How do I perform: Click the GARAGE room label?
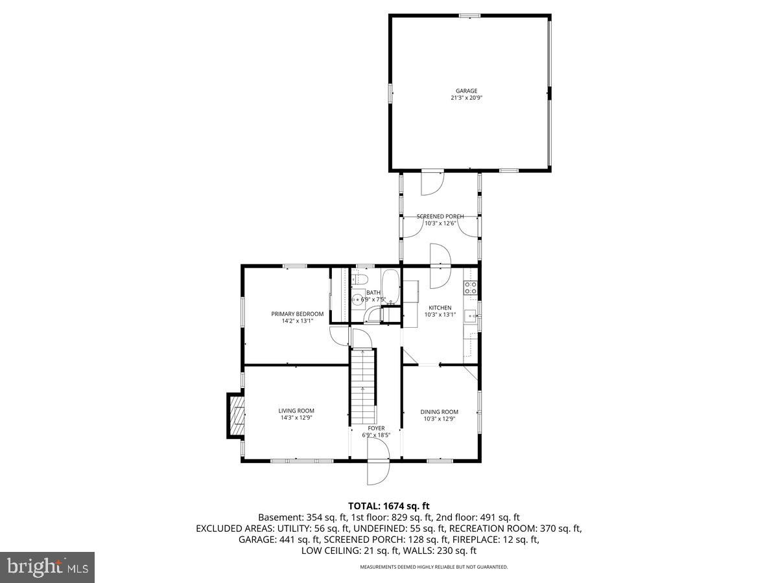point(466,91)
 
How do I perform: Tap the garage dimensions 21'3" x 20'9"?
point(466,98)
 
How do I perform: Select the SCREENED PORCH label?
point(440,216)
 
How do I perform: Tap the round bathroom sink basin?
point(357,300)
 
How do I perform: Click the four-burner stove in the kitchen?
point(470,287)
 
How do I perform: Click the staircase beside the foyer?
point(363,386)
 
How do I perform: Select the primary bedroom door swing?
point(339,336)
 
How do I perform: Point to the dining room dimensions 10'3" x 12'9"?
point(440,418)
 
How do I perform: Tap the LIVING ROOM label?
point(296,411)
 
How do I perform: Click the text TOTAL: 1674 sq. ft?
point(388,505)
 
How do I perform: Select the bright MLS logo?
point(47,567)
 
